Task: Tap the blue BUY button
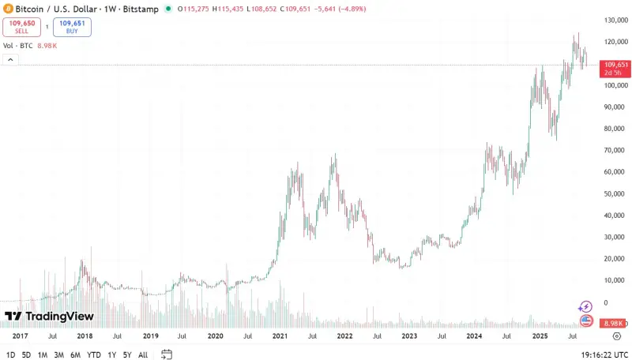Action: (72, 27)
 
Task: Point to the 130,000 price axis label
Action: (615, 20)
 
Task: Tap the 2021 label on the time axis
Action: (280, 336)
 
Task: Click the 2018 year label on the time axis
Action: (85, 336)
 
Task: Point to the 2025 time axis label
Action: (540, 336)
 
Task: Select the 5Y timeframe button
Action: (126, 354)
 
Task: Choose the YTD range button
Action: (93, 354)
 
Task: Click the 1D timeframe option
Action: (10, 354)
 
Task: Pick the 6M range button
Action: (75, 354)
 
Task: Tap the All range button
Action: (143, 354)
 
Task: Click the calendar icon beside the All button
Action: (167, 354)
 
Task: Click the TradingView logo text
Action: (49, 317)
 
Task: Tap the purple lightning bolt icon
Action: (585, 306)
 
